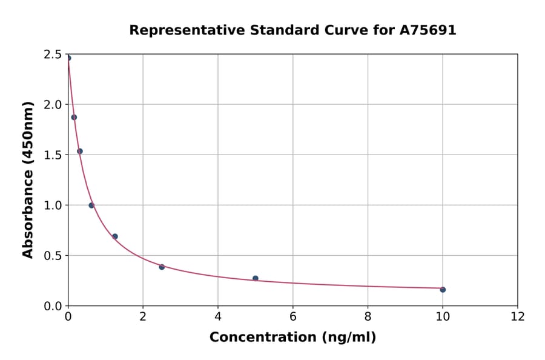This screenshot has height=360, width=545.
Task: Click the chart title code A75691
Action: (x=428, y=30)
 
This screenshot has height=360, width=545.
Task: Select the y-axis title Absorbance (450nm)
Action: (x=28, y=179)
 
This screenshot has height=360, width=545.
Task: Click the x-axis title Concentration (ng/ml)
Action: (x=292, y=338)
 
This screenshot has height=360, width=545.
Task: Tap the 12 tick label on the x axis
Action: (x=518, y=316)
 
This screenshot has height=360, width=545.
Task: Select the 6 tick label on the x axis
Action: (x=292, y=316)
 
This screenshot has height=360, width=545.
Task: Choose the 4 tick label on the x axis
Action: (x=218, y=316)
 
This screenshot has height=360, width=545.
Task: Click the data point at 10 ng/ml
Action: (x=443, y=290)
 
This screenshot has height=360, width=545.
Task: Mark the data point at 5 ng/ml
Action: (x=256, y=278)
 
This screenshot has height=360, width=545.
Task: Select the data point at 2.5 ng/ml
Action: (x=162, y=267)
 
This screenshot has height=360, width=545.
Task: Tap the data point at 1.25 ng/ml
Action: (x=115, y=236)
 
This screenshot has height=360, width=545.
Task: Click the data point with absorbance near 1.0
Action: (x=91, y=205)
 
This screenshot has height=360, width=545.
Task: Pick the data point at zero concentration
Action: (x=68, y=58)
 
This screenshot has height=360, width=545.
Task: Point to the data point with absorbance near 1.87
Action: (x=74, y=117)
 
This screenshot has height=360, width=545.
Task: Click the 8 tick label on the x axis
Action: (x=368, y=316)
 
